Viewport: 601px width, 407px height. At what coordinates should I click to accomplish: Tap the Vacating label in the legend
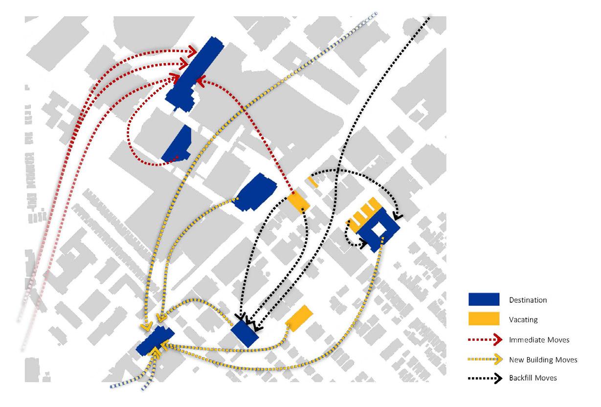pos(523,320)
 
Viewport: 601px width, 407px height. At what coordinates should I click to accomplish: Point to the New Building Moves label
pos(543,359)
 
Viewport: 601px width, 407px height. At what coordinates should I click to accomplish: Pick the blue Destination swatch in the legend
pos(484,299)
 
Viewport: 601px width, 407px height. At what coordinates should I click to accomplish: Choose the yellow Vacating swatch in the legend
pos(484,319)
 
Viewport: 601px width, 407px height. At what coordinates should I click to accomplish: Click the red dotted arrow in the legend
pos(484,339)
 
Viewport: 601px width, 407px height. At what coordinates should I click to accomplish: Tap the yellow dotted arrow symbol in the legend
pos(484,359)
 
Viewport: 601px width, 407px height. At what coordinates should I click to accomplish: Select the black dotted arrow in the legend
pos(484,378)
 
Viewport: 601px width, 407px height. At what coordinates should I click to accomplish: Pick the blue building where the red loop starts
pos(177,144)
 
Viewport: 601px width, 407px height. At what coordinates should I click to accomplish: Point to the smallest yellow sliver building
pos(313,181)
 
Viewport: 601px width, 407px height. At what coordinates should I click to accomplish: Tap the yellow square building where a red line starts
pos(298,202)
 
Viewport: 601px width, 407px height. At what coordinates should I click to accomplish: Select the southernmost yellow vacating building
pos(299,318)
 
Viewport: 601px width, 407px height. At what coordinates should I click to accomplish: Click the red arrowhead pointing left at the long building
pos(200,82)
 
